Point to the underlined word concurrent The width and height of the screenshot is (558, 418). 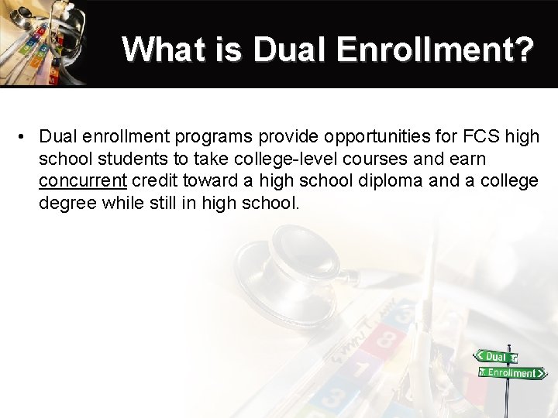point(83,181)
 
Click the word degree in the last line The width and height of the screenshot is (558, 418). point(67,204)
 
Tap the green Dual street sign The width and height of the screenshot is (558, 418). point(495,357)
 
